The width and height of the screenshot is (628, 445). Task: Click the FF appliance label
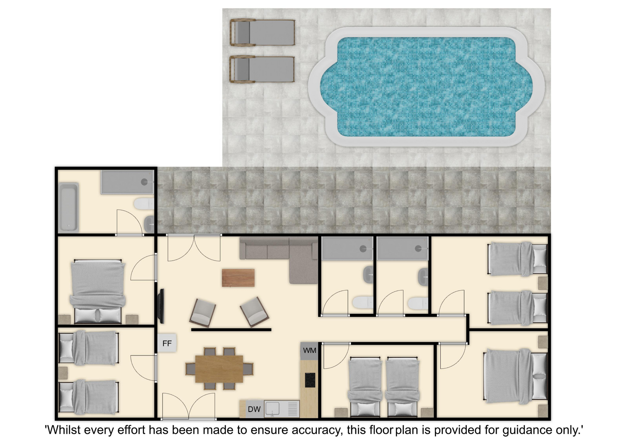tap(167, 343)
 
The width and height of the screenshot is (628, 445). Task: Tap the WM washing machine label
tap(309, 350)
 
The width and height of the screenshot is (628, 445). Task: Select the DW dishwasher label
tap(254, 409)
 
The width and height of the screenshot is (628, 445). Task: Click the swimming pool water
tap(426, 87)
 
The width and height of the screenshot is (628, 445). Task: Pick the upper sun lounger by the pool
tap(262, 32)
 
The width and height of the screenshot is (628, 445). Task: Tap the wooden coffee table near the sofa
tap(238, 278)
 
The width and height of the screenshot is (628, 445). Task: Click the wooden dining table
tap(219, 369)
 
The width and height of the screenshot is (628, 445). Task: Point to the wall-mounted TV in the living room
tap(161, 306)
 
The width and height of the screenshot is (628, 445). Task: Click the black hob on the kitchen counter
tap(310, 380)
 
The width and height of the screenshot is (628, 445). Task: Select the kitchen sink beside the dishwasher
tap(272, 409)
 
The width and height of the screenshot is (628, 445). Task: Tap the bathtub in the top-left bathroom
tap(68, 207)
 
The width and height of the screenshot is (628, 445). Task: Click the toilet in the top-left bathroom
tap(144, 204)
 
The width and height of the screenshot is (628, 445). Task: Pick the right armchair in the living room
tap(254, 312)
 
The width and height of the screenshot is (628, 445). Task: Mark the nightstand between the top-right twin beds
tap(543, 283)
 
